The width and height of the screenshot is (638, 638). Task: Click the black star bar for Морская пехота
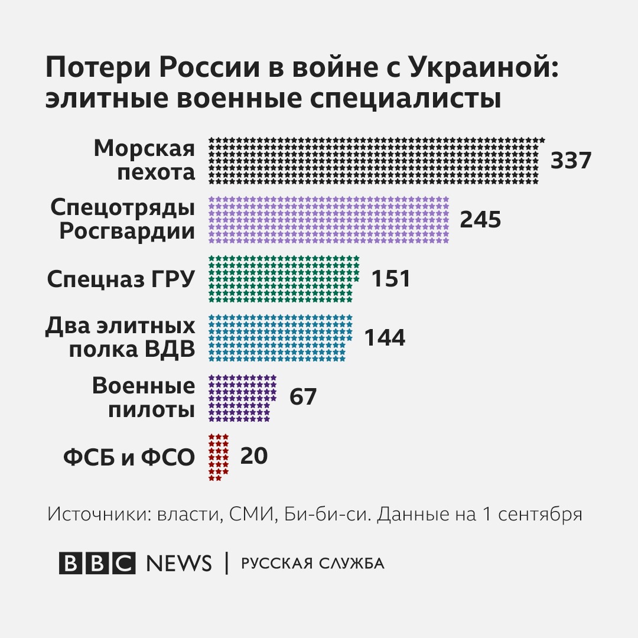376,161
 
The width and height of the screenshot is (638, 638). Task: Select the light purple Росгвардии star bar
329,220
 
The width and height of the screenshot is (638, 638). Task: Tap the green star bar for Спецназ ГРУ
284,279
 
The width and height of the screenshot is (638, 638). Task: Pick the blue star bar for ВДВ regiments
280,338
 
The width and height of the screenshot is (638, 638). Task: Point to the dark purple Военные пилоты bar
242,398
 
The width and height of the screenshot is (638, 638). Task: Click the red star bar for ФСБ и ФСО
219,457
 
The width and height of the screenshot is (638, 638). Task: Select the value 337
571,161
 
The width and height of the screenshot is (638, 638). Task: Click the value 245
480,220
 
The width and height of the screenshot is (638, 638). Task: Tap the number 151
390,279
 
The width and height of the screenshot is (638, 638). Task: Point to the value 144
385,338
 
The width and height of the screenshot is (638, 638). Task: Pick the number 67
303,397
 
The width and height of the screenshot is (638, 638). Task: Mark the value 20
253,456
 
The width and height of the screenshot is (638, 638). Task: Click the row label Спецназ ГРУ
121,279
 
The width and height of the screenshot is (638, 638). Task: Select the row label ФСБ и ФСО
129,457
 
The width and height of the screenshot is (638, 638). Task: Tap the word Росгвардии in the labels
126,232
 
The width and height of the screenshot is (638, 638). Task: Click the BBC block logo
97,563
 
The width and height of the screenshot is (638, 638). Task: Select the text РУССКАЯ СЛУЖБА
313,564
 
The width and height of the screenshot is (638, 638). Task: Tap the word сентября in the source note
540,514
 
